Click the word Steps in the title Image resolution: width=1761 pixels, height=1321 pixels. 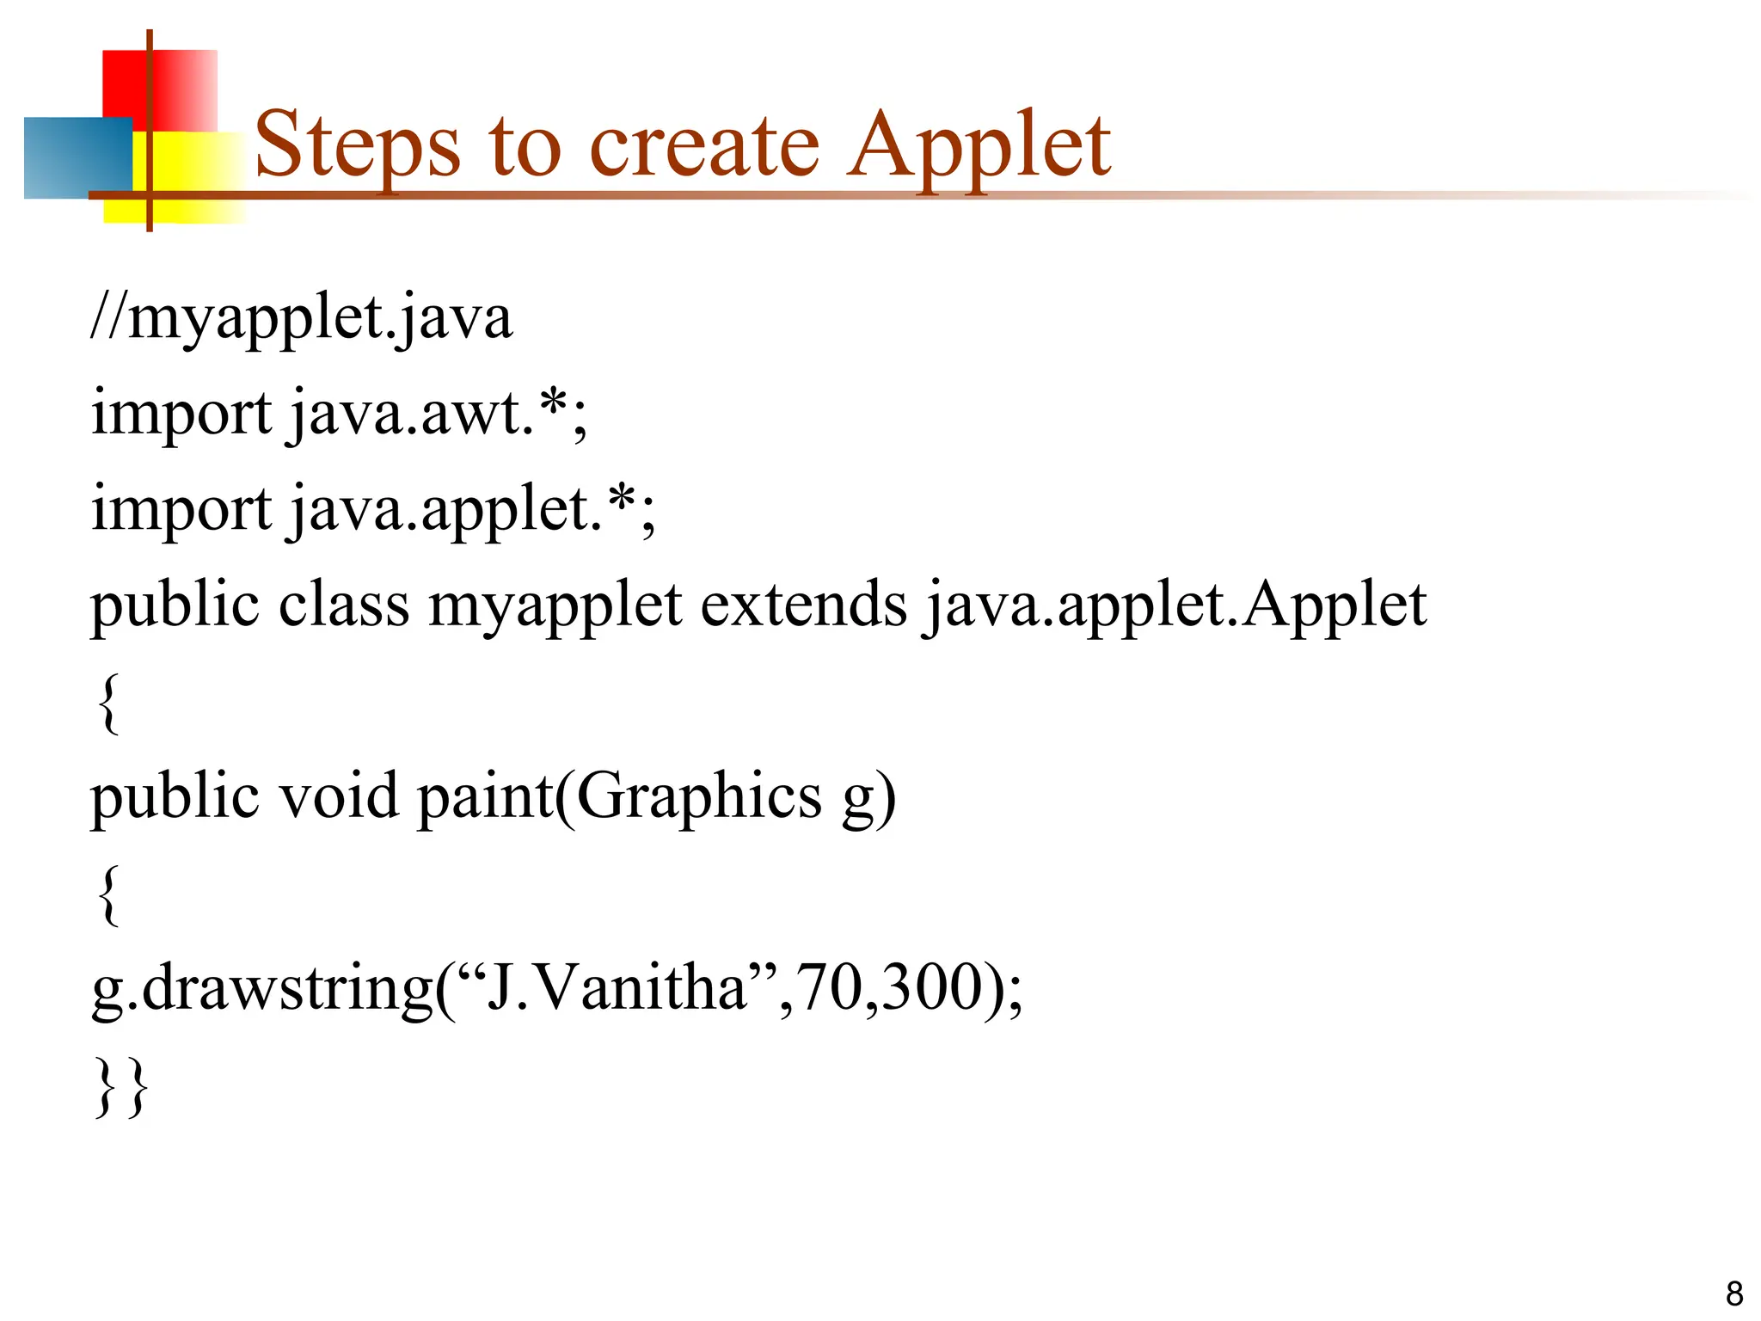click(x=357, y=146)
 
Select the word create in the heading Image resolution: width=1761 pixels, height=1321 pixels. click(x=704, y=146)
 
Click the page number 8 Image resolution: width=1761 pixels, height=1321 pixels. click(x=1733, y=1293)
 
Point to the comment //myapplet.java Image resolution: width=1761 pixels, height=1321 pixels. click(x=301, y=319)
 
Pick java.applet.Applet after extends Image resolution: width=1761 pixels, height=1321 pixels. click(x=1175, y=606)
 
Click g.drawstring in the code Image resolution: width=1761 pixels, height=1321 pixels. click(x=262, y=989)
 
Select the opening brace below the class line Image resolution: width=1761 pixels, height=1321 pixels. click(x=107, y=704)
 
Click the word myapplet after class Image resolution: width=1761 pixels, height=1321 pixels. click(x=555, y=606)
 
